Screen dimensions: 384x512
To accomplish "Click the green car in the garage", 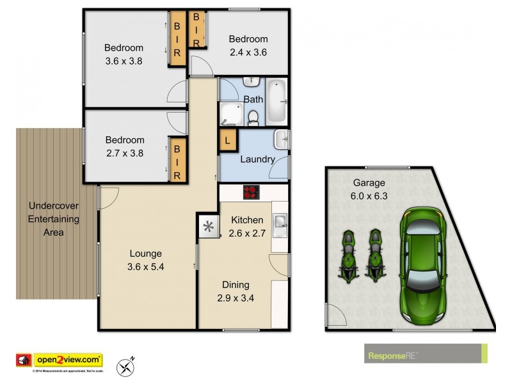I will (x=424, y=265).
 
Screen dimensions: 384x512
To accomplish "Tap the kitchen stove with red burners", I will (x=250, y=192).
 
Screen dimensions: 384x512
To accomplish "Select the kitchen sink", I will (x=280, y=221).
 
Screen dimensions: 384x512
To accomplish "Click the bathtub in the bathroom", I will (x=276, y=100).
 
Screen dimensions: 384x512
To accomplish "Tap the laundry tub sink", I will (x=282, y=138).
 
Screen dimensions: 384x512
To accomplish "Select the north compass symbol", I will (x=125, y=367).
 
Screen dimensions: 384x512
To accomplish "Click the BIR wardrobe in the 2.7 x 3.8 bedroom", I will (x=177, y=161).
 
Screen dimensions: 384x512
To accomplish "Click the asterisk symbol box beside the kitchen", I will (x=208, y=226).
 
